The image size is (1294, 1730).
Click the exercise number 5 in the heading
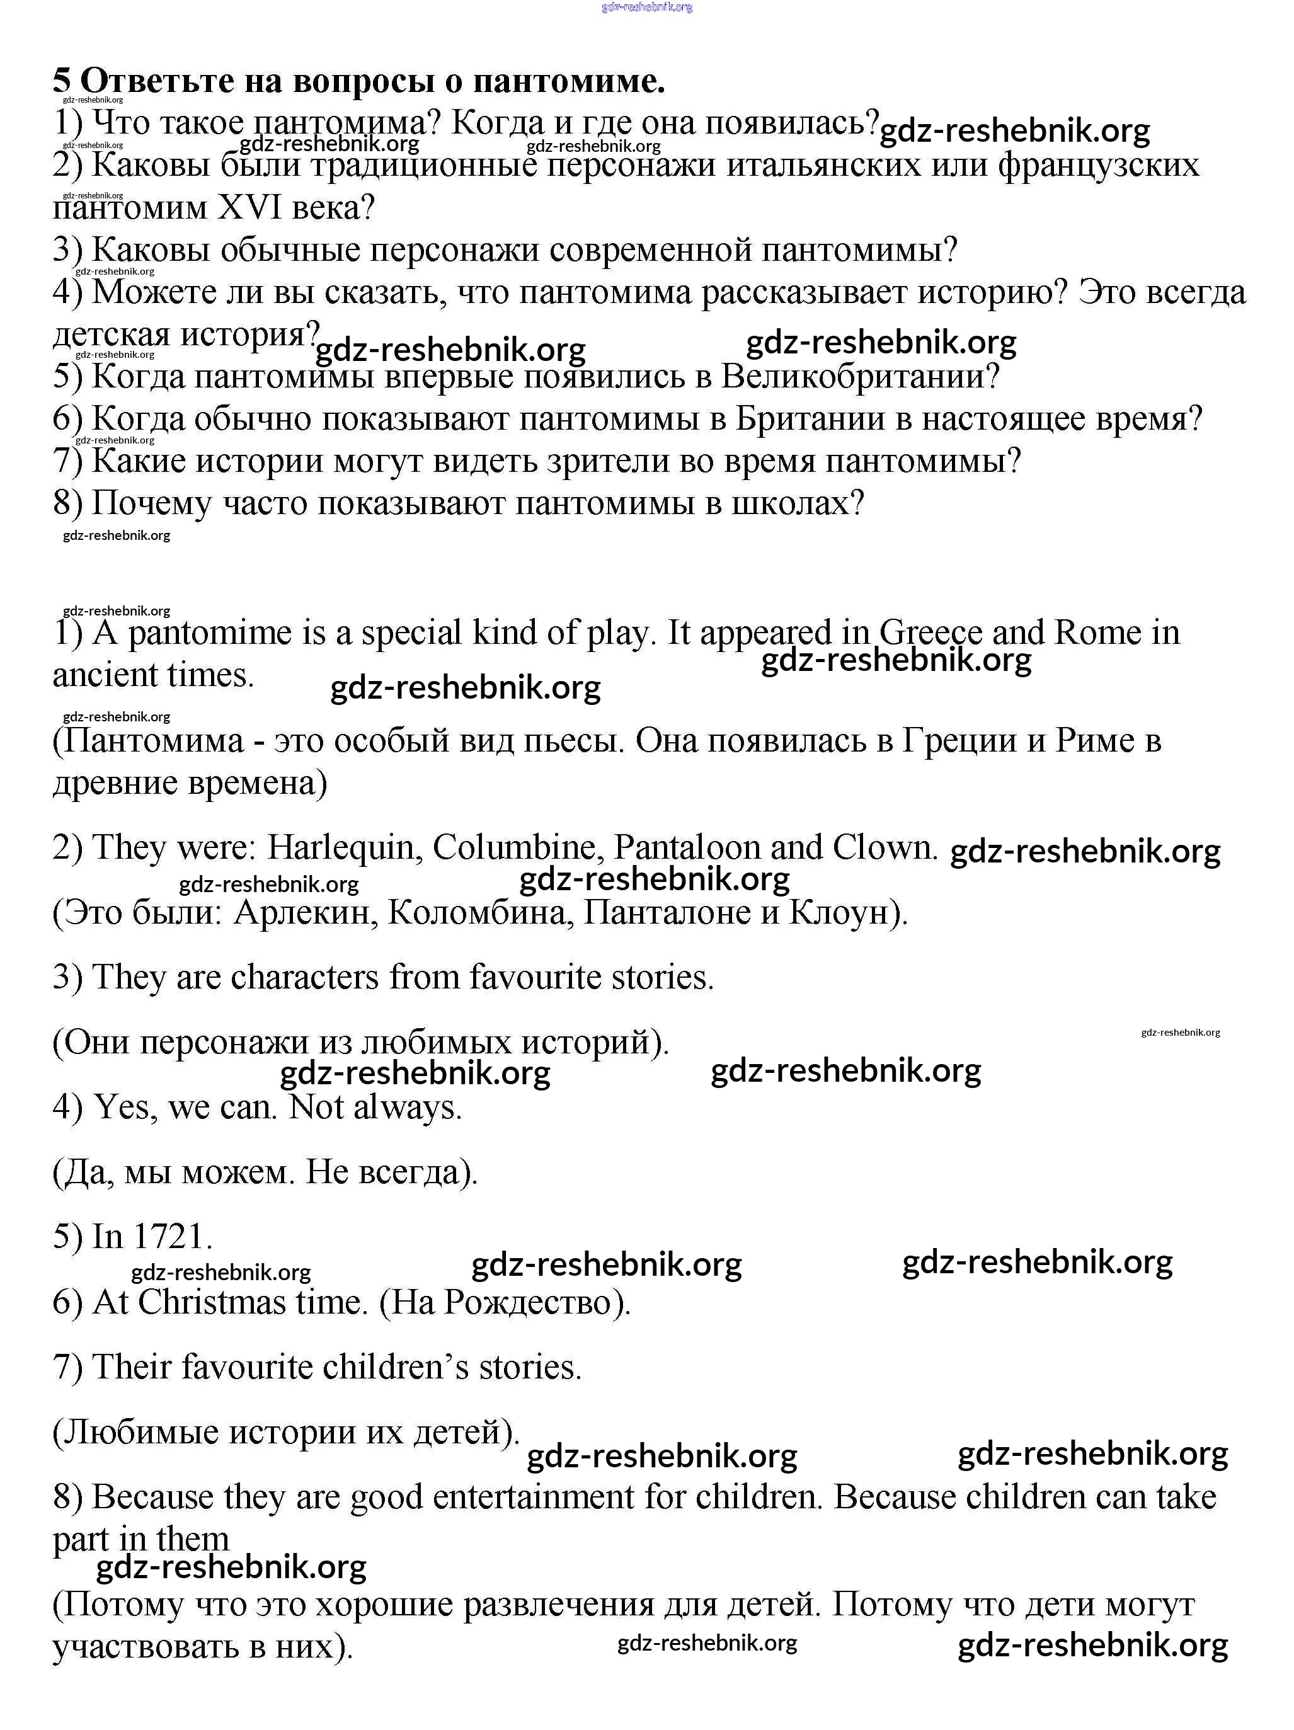coord(62,80)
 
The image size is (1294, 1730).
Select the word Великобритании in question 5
coord(859,376)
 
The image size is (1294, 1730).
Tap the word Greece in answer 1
coord(931,632)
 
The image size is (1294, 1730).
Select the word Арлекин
coord(301,912)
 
